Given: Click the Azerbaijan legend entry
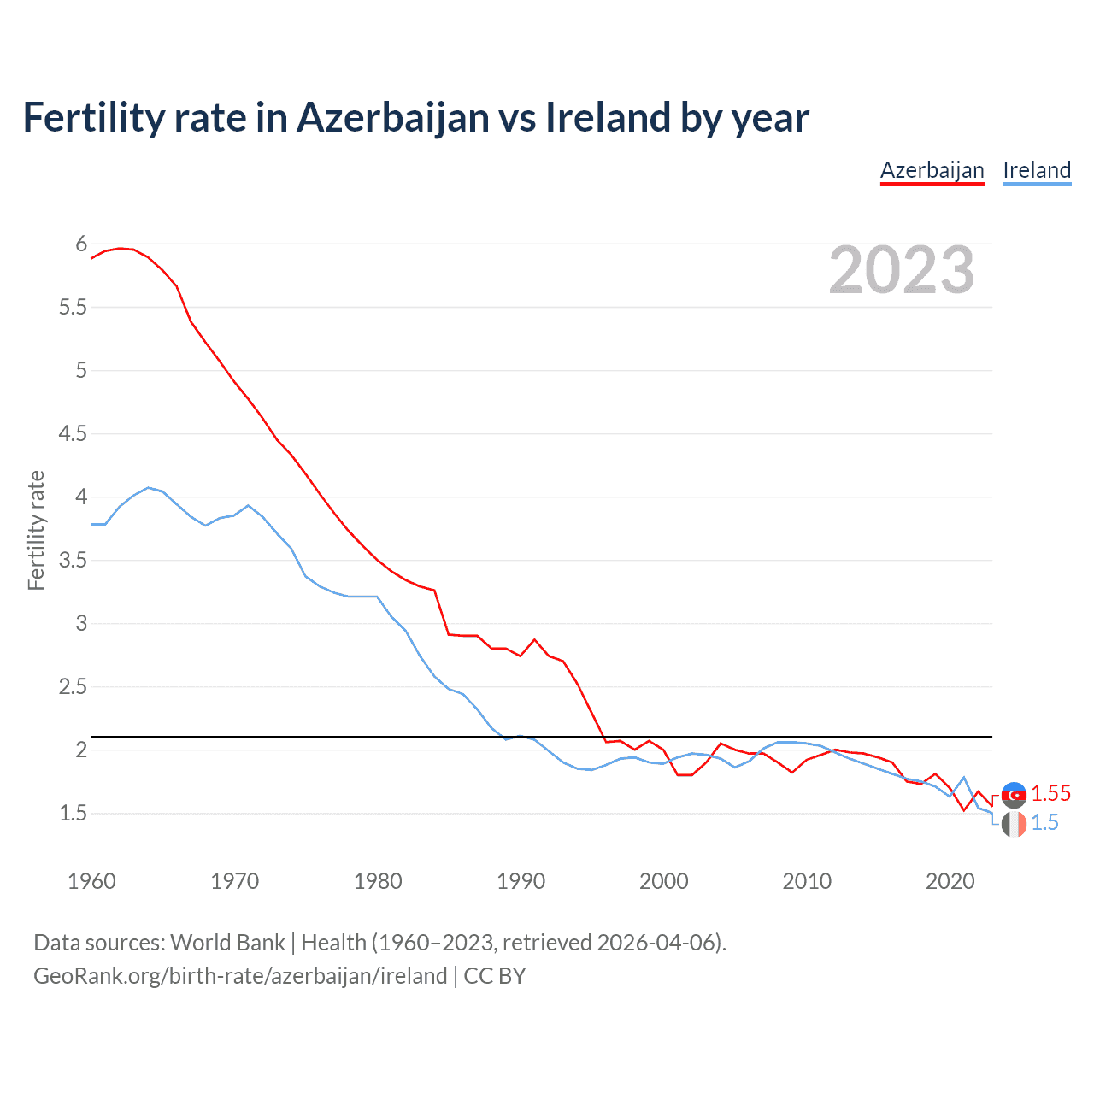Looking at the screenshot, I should (x=932, y=170).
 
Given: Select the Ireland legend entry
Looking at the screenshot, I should (x=1036, y=170).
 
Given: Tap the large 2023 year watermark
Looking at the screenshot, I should (x=902, y=270).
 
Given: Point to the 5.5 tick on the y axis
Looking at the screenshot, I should (x=73, y=307).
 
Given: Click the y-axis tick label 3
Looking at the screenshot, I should (x=82, y=623).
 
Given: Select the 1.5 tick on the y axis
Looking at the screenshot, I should (x=73, y=813).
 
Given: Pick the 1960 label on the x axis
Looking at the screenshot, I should (x=91, y=881).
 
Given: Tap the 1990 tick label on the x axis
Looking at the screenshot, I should (x=521, y=881).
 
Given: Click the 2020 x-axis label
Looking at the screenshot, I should (x=950, y=881).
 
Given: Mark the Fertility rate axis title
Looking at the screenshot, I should (x=36, y=530).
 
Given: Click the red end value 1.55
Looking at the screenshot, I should (x=1050, y=793).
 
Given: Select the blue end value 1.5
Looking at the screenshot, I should (x=1044, y=822).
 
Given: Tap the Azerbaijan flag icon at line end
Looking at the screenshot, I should (x=1014, y=795).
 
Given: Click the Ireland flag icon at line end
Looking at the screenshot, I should (x=1014, y=824).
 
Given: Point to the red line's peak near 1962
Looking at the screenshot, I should (x=120, y=248).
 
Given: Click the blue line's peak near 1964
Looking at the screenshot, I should (x=148, y=487).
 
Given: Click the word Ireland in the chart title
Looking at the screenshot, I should (x=608, y=117).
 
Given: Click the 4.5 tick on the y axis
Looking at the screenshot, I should (x=73, y=433).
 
